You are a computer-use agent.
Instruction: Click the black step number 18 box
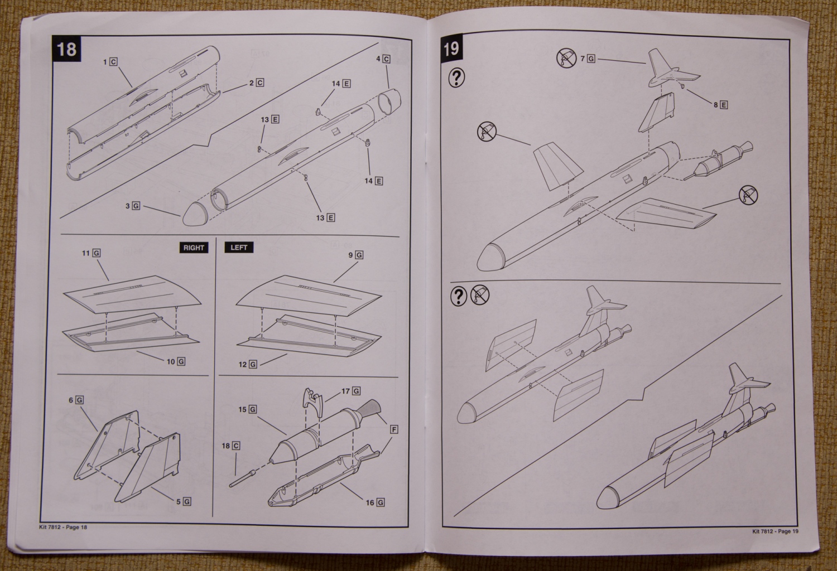coord(66,49)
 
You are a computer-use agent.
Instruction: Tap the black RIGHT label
coord(194,248)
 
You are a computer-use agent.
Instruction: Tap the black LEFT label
coord(239,247)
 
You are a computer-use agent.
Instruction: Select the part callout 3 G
coord(133,206)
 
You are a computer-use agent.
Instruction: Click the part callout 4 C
coord(383,59)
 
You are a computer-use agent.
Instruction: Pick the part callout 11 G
coord(91,253)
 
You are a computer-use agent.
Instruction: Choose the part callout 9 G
coord(355,255)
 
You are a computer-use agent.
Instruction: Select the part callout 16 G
coord(375,502)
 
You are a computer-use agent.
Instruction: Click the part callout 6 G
coord(76,400)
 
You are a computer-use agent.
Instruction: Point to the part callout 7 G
coord(588,58)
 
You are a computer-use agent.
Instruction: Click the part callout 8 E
coord(720,105)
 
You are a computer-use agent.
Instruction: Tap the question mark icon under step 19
coord(456,78)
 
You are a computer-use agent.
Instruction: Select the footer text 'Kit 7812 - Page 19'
coord(775,531)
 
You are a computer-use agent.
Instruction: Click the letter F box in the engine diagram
coord(394,429)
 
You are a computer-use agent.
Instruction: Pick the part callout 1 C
coord(110,62)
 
